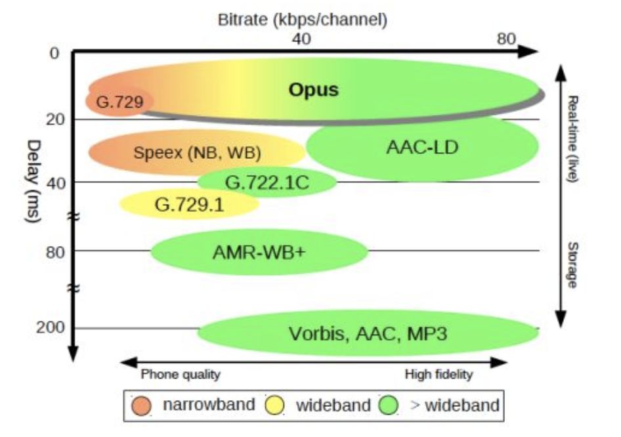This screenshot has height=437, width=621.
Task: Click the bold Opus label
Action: (x=313, y=89)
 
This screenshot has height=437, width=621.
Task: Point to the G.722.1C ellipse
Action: (x=267, y=182)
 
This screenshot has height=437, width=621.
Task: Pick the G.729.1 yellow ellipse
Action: (x=189, y=204)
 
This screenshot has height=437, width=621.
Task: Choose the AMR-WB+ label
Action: (x=259, y=251)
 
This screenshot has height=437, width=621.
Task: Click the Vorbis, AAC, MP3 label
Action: (x=368, y=333)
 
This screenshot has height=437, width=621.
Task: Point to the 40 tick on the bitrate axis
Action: (x=301, y=39)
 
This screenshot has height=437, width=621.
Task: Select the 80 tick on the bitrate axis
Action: (x=505, y=39)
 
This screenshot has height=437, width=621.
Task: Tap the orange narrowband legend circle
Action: (x=142, y=406)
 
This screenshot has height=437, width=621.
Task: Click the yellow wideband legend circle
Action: (x=274, y=406)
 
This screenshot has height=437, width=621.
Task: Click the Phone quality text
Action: (x=181, y=375)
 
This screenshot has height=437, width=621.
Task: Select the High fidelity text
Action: (x=439, y=375)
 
